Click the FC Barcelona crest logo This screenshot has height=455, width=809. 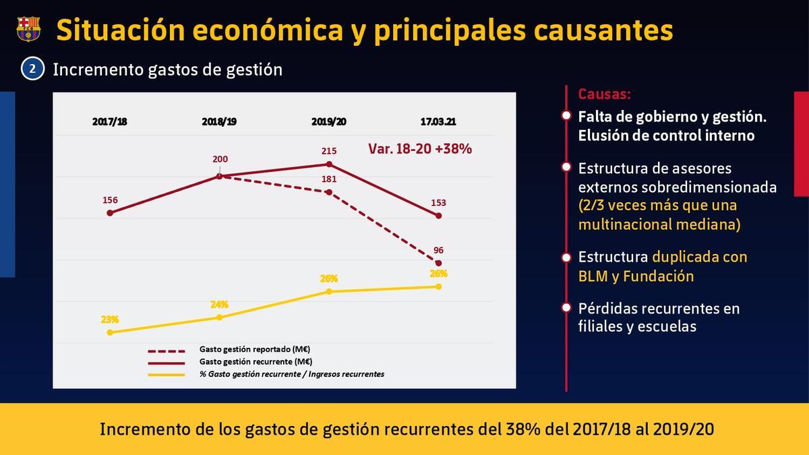coord(28,28)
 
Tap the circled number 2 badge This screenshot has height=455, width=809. coord(32,69)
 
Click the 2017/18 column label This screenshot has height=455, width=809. coord(110,122)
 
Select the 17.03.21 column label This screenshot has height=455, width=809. coord(438,122)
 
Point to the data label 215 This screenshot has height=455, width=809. coord(329,151)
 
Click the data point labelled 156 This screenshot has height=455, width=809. coord(110,213)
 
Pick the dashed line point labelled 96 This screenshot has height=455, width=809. coord(439,263)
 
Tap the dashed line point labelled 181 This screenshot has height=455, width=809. coord(329,192)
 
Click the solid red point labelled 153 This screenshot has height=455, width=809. coord(439,216)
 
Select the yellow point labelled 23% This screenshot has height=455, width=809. coord(110,332)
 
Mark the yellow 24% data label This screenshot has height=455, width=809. coord(219,304)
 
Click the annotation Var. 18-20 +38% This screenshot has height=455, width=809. coord(419,149)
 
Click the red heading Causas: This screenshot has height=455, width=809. coord(605,94)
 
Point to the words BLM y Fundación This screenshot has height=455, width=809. coord(636,276)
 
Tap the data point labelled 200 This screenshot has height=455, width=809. coord(220,176)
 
